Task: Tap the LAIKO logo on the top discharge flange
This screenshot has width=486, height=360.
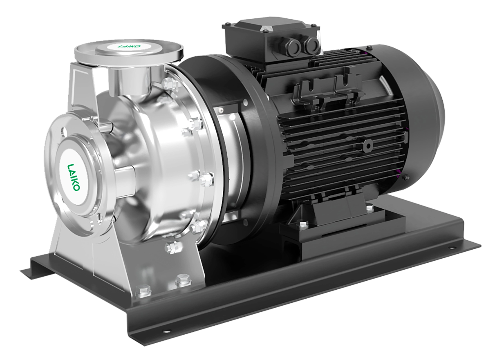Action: [x=129, y=46]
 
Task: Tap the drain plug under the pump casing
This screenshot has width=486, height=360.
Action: [x=173, y=247]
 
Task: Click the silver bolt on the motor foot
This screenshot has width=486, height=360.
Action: [x=303, y=225]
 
